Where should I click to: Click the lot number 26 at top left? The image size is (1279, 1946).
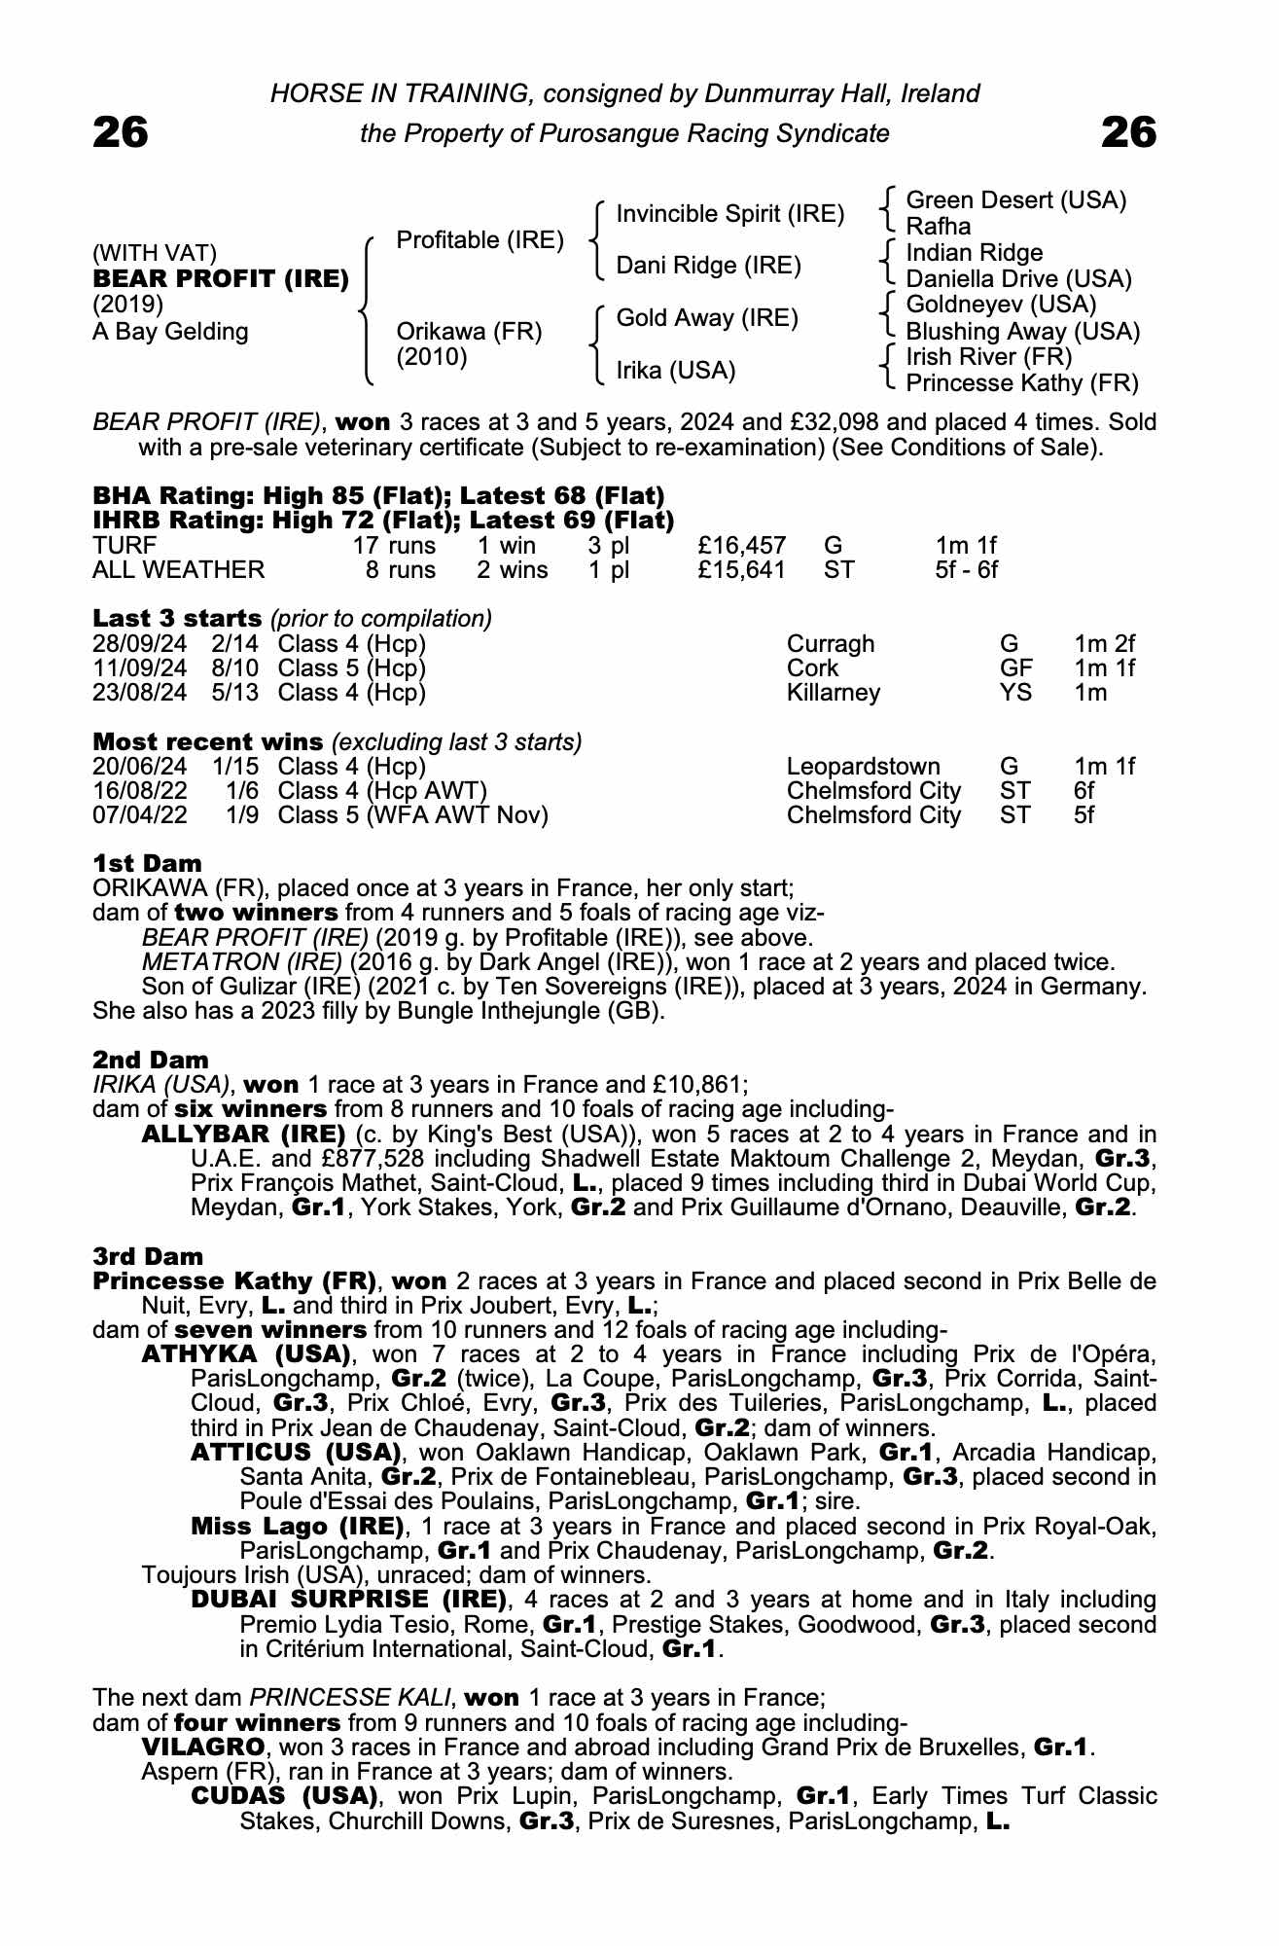(121, 132)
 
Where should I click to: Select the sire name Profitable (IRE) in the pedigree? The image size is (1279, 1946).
(480, 240)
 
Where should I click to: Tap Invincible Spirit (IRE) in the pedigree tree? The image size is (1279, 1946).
(729, 214)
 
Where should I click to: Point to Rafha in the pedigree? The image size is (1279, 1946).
(938, 227)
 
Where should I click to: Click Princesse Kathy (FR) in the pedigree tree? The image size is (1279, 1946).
(1021, 383)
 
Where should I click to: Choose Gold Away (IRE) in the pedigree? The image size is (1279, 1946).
(706, 318)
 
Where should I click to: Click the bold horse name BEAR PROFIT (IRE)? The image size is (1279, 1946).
(221, 279)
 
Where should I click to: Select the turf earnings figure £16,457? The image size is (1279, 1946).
(741, 546)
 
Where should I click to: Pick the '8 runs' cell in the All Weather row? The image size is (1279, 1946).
(400, 570)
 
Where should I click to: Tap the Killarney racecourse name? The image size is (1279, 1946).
(833, 693)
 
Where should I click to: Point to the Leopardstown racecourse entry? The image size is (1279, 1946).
(863, 767)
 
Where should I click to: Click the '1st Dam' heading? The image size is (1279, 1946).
(147, 863)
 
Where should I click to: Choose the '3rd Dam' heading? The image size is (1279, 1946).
(149, 1256)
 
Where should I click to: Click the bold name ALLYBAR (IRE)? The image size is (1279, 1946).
(243, 1135)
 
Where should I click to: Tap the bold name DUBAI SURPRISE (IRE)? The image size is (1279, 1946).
(349, 1600)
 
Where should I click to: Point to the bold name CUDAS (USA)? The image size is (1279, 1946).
(284, 1795)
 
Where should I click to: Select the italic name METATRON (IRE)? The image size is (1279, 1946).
(241, 962)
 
